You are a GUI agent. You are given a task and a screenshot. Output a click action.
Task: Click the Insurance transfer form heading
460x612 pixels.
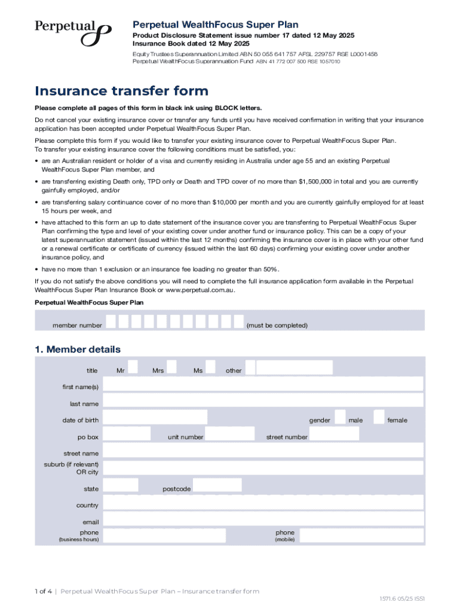point(122,91)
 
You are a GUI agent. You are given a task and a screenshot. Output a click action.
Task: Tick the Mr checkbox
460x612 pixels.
point(133,366)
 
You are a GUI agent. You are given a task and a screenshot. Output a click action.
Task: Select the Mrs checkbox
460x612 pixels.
point(171,366)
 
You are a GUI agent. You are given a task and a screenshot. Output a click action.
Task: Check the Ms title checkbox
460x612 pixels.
point(210,366)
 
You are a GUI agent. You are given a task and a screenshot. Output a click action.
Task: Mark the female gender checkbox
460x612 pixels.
point(379,417)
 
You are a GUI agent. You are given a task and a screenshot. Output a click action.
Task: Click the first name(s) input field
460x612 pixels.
point(263,384)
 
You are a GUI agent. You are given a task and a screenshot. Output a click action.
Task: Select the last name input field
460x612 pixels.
point(263,400)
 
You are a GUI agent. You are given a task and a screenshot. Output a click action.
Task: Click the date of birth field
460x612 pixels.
point(155,417)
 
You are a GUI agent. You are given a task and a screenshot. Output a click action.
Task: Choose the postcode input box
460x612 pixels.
point(217,485)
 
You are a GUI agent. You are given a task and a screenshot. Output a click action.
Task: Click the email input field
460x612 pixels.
point(263,519)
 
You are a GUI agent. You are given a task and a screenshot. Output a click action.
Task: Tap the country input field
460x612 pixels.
point(263,502)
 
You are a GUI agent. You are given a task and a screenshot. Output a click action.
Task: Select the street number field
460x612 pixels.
point(335,434)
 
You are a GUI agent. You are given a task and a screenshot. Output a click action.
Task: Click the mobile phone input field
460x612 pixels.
point(361,535)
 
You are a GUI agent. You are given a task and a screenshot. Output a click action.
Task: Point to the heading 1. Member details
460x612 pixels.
point(78,350)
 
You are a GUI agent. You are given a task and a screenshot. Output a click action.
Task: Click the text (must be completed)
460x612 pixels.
point(277,326)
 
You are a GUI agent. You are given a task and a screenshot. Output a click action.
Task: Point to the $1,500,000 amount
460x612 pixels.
point(320,182)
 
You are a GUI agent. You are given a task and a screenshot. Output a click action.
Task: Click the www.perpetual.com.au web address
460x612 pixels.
point(200,290)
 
